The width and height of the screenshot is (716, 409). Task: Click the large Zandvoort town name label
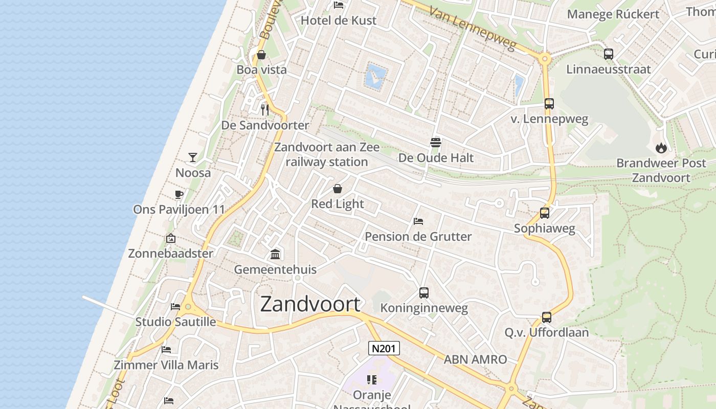tap(310, 304)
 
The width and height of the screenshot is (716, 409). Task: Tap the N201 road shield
tap(384, 349)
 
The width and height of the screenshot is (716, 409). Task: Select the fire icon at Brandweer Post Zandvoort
tap(661, 148)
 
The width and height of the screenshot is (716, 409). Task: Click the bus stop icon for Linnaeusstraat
tap(608, 54)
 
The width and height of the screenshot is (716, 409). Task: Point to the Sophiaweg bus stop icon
tap(545, 213)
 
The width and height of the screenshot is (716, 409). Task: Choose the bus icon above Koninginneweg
tap(423, 293)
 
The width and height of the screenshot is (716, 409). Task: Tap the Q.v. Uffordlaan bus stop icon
tap(547, 317)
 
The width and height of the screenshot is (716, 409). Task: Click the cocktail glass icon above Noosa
tap(193, 157)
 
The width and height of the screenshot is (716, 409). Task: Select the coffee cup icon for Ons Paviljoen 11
tap(178, 194)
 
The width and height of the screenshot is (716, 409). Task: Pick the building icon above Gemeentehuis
tap(275, 254)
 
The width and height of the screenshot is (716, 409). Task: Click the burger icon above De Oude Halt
tap(436, 142)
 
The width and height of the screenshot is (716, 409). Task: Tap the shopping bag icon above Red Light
tap(338, 189)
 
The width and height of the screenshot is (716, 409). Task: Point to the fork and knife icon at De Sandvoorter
tap(264, 109)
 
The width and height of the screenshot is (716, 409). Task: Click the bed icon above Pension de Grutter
tap(418, 221)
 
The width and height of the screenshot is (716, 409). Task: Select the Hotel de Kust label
tap(338, 20)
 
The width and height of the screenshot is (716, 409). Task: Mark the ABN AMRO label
tap(475, 359)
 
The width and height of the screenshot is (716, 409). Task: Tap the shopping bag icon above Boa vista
tap(261, 55)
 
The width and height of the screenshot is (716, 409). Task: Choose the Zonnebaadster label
tap(170, 253)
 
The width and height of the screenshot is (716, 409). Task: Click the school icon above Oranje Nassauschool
tap(372, 379)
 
